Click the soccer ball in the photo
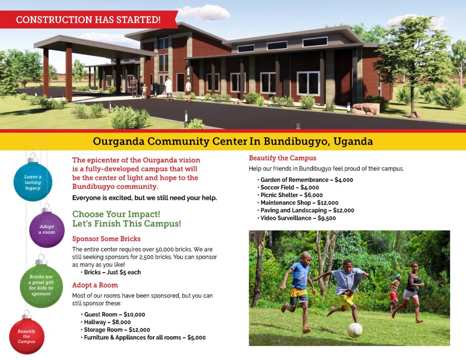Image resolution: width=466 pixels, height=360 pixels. pos(355,330)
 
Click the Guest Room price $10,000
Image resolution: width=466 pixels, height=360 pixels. pos(134,314)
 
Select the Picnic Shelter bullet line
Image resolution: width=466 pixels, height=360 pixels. pos(290,195)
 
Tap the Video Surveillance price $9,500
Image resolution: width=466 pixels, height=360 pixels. pos(327,218)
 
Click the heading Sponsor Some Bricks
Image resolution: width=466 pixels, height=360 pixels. pos(106,239)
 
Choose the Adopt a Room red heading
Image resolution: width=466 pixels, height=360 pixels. pos(95,285)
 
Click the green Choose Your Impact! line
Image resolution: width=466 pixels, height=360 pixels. pos(116,214)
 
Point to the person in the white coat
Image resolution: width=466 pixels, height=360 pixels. pos(168,88)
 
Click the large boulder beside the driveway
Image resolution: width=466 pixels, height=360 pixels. pos(366,109)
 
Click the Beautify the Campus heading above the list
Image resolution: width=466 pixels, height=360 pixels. pos(282,158)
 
